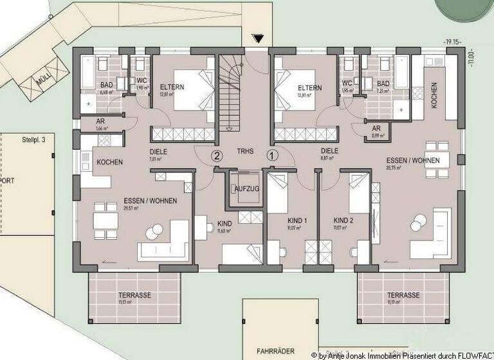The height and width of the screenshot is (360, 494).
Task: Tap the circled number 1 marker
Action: [x=272, y=155]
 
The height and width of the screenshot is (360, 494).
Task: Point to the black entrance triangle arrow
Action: [x=259, y=39]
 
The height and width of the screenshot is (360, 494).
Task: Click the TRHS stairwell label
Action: [x=244, y=152]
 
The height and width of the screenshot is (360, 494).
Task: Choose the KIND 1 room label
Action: [x=297, y=221]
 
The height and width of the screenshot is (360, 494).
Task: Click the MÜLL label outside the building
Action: [x=44, y=80]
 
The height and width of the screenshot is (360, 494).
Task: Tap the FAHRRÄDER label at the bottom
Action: [x=275, y=351]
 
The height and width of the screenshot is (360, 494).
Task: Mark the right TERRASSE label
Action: [x=403, y=295]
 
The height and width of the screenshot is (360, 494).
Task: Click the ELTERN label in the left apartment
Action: [x=173, y=87]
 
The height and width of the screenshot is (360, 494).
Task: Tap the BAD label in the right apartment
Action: [x=383, y=84]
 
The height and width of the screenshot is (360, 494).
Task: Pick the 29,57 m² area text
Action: [x=132, y=208]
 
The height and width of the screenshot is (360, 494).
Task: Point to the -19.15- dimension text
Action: [x=453, y=42]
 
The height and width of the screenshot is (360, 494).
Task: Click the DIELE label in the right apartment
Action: [x=330, y=152]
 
